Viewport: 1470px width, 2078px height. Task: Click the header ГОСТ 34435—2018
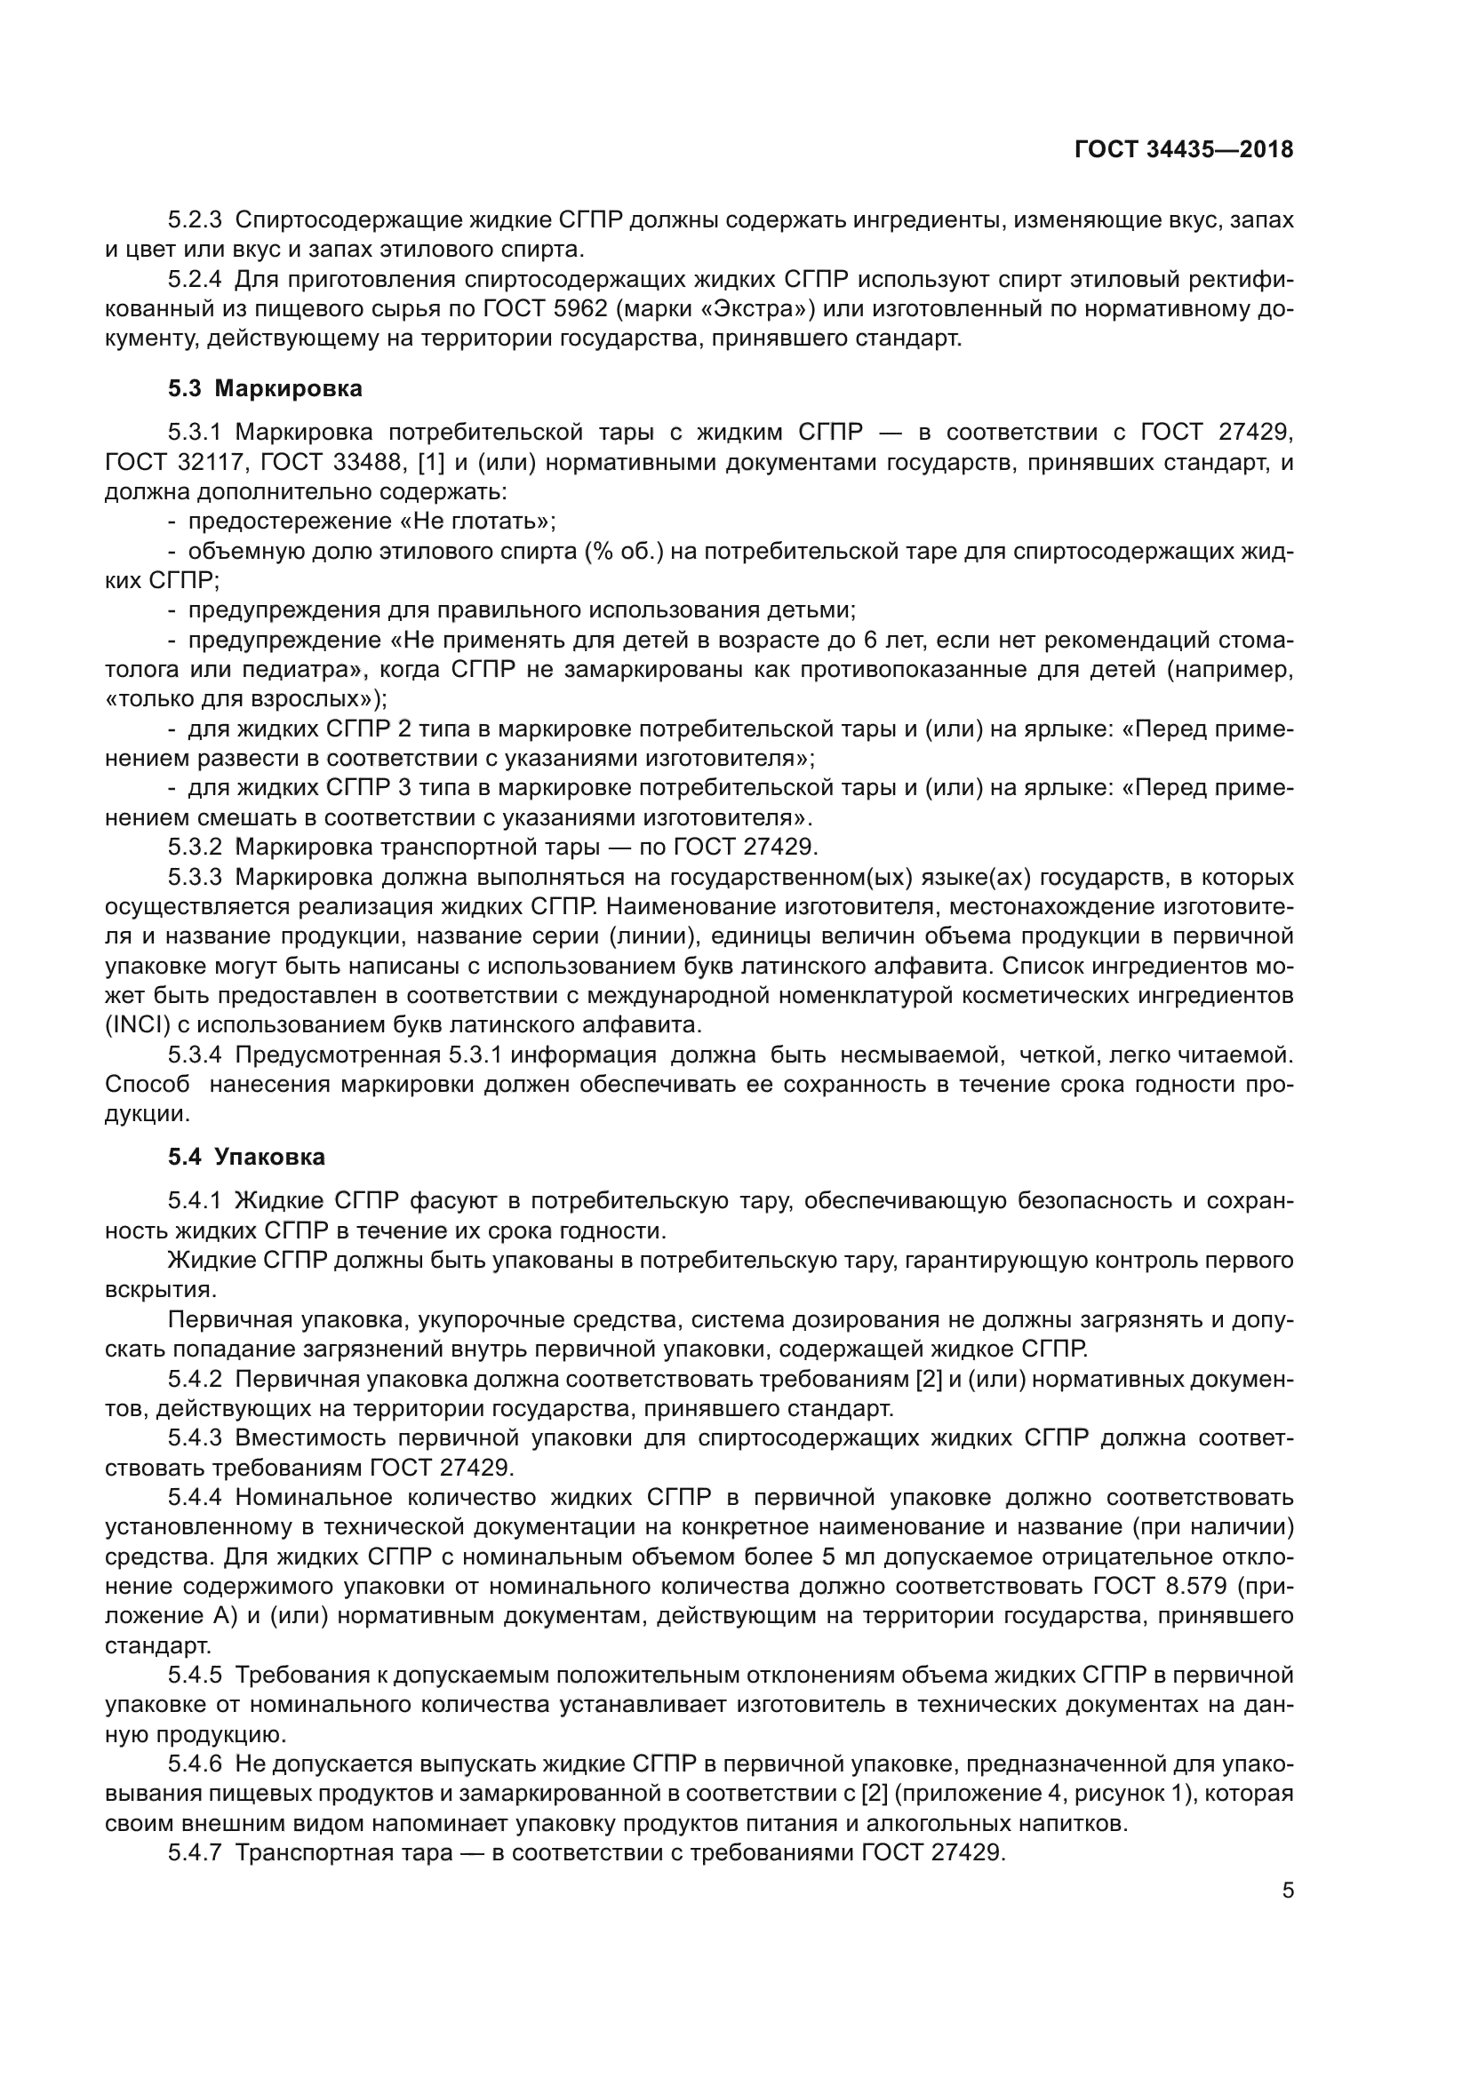click(1183, 150)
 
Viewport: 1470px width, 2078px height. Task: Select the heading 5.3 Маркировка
click(264, 388)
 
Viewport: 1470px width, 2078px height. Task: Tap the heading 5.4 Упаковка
click(246, 1157)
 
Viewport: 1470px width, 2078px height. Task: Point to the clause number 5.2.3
click(195, 220)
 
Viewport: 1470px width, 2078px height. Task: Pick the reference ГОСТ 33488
click(332, 463)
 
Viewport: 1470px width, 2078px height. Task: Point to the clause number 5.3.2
click(195, 848)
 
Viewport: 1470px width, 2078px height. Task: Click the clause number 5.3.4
click(195, 1055)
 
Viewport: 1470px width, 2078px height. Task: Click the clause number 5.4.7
click(195, 1851)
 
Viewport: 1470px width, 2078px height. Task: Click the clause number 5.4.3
click(195, 1437)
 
